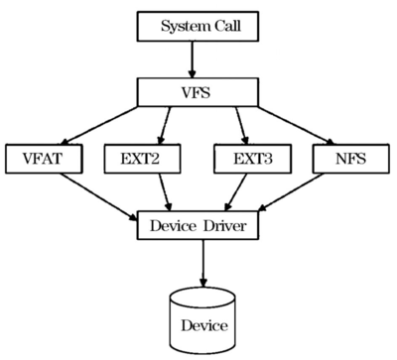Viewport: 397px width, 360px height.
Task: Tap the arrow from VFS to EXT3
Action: coord(237,126)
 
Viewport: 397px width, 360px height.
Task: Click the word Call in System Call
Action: coord(226,26)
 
